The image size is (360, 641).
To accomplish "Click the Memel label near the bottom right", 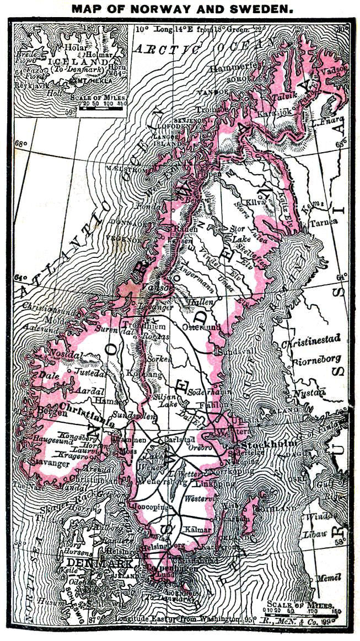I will [x=329, y=577].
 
